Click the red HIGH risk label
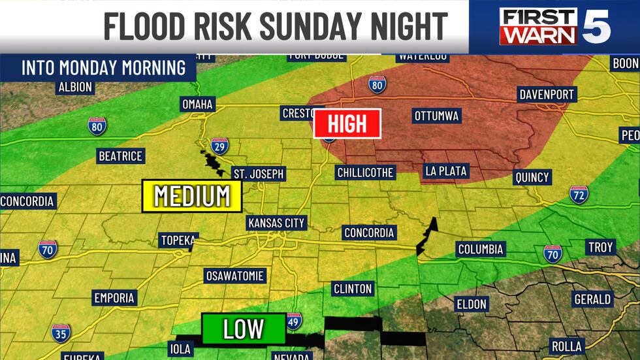coord(347,123)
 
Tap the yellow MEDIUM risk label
coord(191,195)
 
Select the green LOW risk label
coord(243,329)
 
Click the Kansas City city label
coord(276,223)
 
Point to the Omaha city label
coord(197,104)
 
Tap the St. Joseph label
coord(259,173)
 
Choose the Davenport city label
coord(547,95)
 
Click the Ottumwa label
coord(437,116)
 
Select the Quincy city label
coord(532,177)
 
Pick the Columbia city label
coord(480,249)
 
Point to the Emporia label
coord(114,298)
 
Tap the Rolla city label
coord(566,346)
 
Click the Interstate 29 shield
coord(219,146)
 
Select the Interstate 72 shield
coord(579,194)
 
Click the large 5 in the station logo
coord(596,26)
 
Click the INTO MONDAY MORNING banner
coord(103,68)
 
